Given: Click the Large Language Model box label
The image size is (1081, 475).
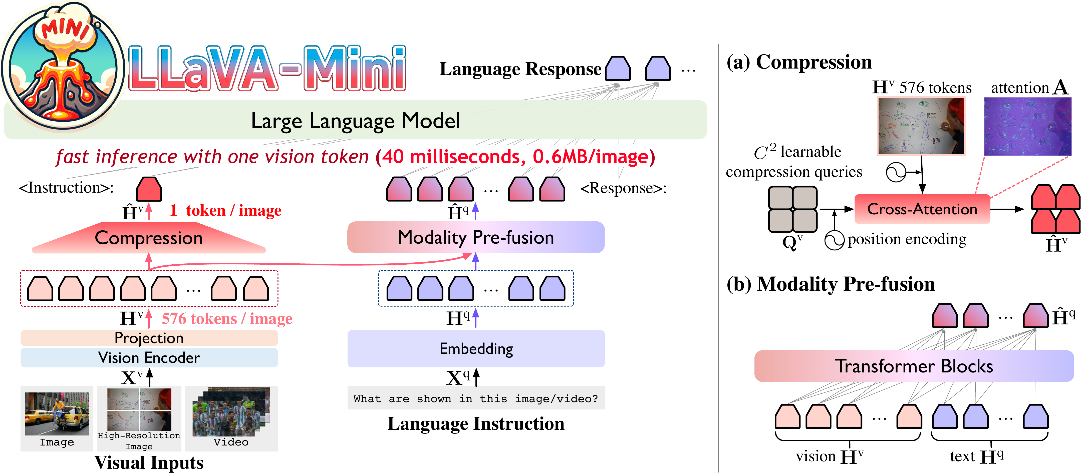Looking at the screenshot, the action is click(355, 121).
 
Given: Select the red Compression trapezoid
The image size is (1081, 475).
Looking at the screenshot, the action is click(149, 238).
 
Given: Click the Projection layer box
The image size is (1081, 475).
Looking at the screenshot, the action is click(149, 338).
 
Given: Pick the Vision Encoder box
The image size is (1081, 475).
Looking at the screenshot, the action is click(149, 357).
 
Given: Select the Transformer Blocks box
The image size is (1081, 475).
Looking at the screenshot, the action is click(914, 366).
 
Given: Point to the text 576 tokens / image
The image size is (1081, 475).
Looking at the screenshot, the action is click(227, 319).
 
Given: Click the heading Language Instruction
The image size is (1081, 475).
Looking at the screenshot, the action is click(476, 423).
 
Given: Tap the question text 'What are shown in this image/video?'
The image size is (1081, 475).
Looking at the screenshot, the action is click(476, 399).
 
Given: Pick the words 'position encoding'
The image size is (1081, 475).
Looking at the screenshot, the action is click(907, 239).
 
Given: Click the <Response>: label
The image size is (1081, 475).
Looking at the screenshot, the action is click(623, 188).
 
